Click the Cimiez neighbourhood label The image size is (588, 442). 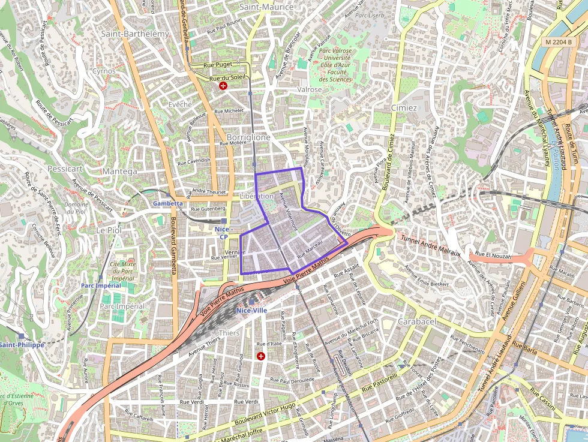[404, 108]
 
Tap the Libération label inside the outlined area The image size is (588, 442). [256, 196]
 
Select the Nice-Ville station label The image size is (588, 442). [252, 310]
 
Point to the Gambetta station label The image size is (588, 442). [167, 203]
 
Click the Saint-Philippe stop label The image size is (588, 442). [22, 345]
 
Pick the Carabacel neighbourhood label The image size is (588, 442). [416, 322]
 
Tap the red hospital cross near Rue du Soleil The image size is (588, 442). [224, 86]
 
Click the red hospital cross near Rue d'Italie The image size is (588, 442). [261, 356]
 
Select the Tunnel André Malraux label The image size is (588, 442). [430, 245]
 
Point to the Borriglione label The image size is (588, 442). [248, 137]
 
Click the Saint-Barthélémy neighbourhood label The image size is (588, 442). [134, 34]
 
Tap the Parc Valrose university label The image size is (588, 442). [335, 65]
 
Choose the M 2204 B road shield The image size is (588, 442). [561, 43]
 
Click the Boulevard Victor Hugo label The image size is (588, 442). [263, 418]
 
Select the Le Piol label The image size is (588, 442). [109, 230]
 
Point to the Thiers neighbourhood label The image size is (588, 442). [229, 333]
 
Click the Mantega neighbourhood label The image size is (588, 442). [120, 171]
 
